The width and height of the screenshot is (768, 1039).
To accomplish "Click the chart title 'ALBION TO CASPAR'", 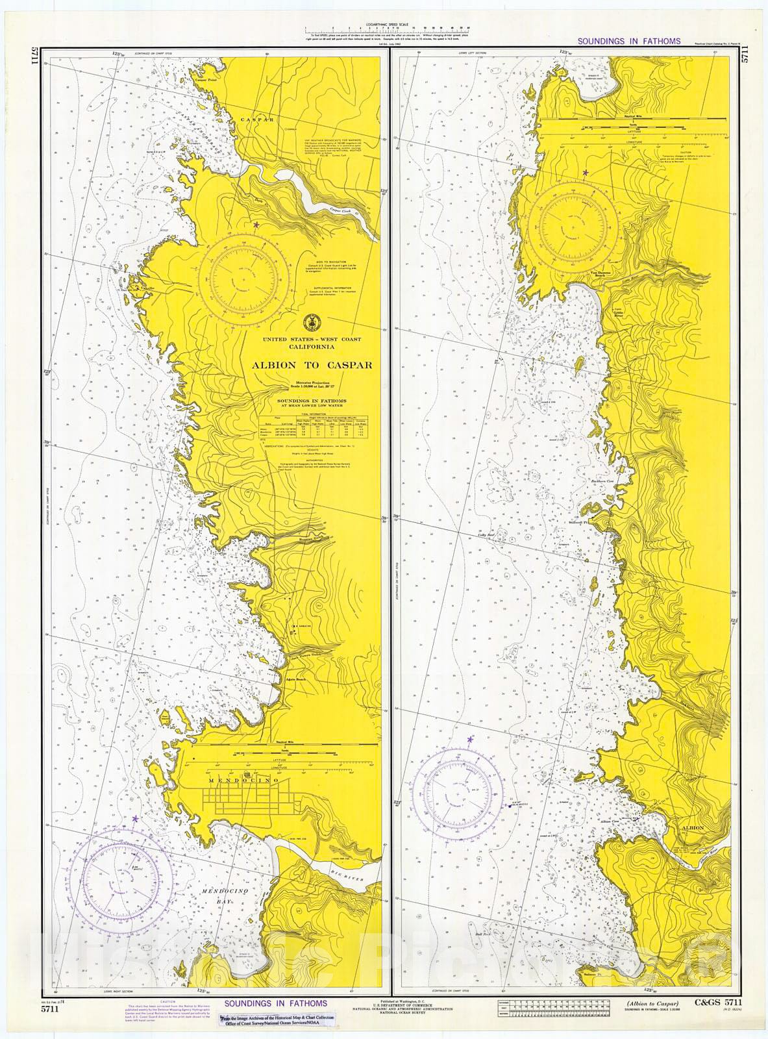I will tap(312, 365).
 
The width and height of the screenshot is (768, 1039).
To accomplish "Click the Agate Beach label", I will tap(295, 679).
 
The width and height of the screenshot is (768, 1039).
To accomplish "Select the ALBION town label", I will tap(693, 828).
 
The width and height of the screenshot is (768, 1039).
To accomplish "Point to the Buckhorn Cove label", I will tap(602, 481).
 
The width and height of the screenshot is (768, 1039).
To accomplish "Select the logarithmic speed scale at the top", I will tap(388, 29).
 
